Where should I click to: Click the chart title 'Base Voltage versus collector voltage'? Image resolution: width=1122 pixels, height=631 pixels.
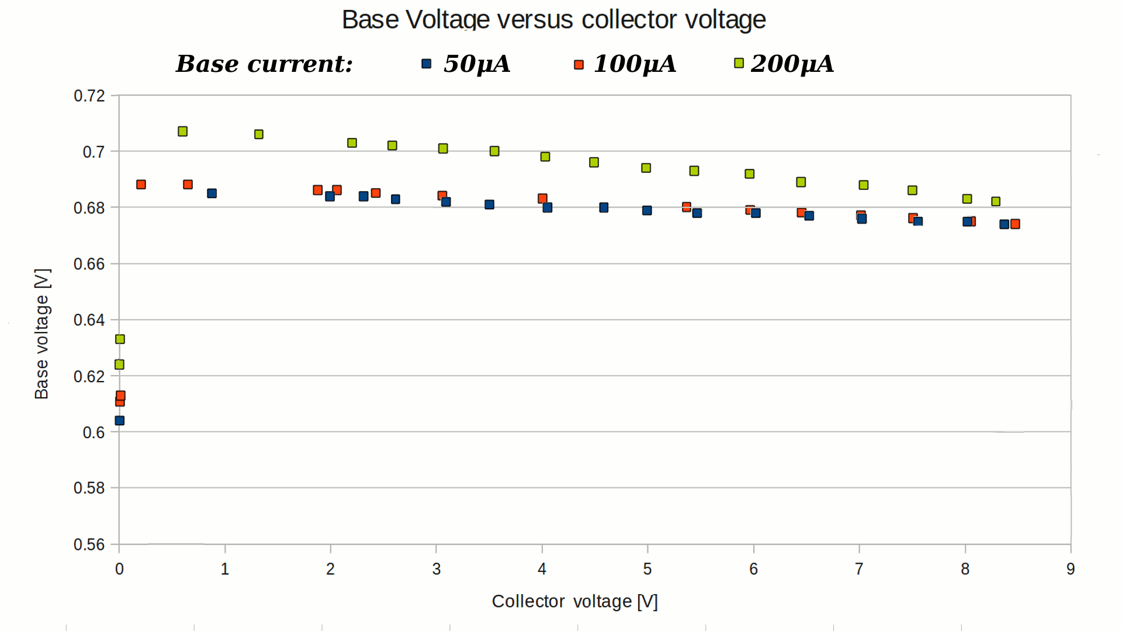pyautogui.click(x=553, y=20)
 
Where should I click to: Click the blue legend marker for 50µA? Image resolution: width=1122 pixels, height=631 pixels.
pyautogui.click(x=427, y=64)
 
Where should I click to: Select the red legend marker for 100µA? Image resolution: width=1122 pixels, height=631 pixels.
pyautogui.click(x=579, y=64)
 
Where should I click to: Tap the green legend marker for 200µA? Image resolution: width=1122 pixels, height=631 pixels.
pyautogui.click(x=739, y=63)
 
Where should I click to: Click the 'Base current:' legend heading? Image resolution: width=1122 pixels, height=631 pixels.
pyautogui.click(x=264, y=64)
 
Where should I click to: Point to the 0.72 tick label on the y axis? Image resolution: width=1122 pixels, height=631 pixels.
pyautogui.click(x=89, y=96)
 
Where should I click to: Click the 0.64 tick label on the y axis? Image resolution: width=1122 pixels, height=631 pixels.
pyautogui.click(x=89, y=320)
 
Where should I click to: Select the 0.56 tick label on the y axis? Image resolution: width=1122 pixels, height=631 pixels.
pyautogui.click(x=89, y=545)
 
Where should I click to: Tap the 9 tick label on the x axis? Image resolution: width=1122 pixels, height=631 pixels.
pyautogui.click(x=1071, y=569)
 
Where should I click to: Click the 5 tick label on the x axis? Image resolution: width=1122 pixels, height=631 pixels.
pyautogui.click(x=647, y=569)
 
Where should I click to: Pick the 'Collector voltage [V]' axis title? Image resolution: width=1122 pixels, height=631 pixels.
pyautogui.click(x=574, y=601)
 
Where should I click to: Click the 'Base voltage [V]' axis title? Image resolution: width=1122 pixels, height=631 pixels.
pyautogui.click(x=42, y=334)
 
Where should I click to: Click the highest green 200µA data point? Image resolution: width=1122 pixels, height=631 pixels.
pyautogui.click(x=182, y=131)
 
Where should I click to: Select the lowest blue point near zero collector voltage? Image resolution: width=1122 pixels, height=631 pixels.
pyautogui.click(x=120, y=421)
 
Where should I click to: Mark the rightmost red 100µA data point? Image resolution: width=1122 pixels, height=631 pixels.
pyautogui.click(x=1015, y=224)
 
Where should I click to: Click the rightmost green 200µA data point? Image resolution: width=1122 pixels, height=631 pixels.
pyautogui.click(x=996, y=202)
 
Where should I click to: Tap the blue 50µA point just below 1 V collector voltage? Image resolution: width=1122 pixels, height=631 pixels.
pyautogui.click(x=212, y=193)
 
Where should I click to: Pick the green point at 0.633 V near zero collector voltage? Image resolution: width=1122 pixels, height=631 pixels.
pyautogui.click(x=120, y=339)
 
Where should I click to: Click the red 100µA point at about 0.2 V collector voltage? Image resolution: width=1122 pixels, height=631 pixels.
pyautogui.click(x=141, y=185)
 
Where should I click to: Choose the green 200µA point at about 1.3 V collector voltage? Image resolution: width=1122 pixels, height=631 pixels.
pyautogui.click(x=259, y=134)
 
